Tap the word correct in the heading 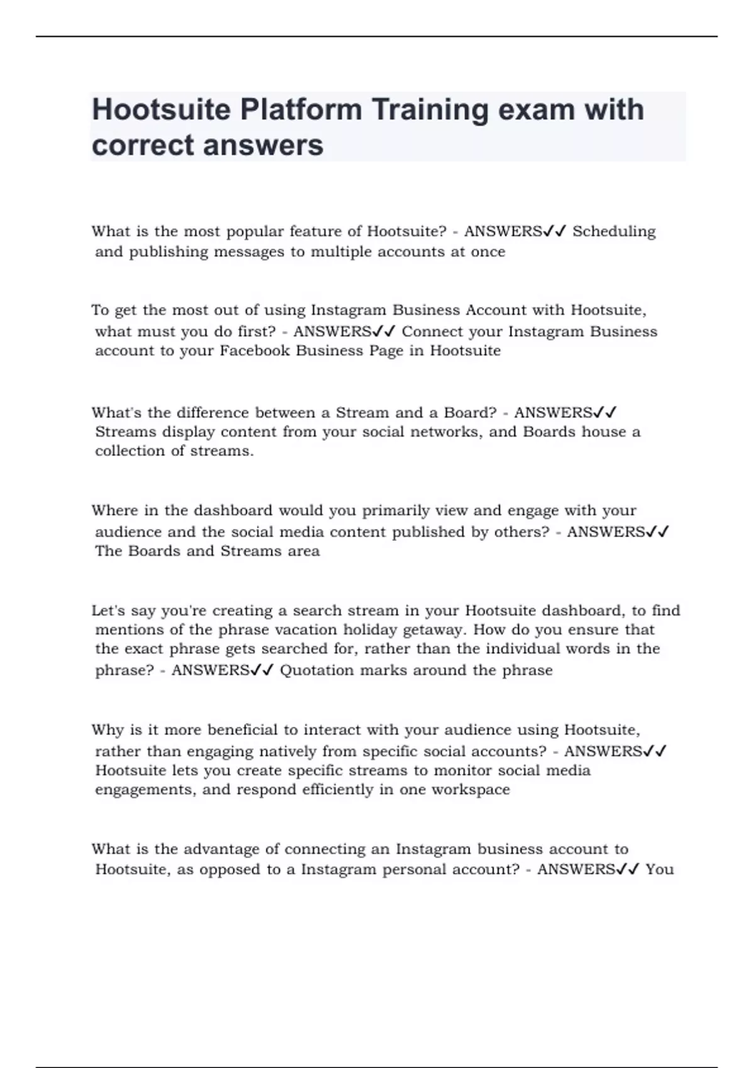(143, 145)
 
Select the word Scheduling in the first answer (614, 231)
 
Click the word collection (131, 451)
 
